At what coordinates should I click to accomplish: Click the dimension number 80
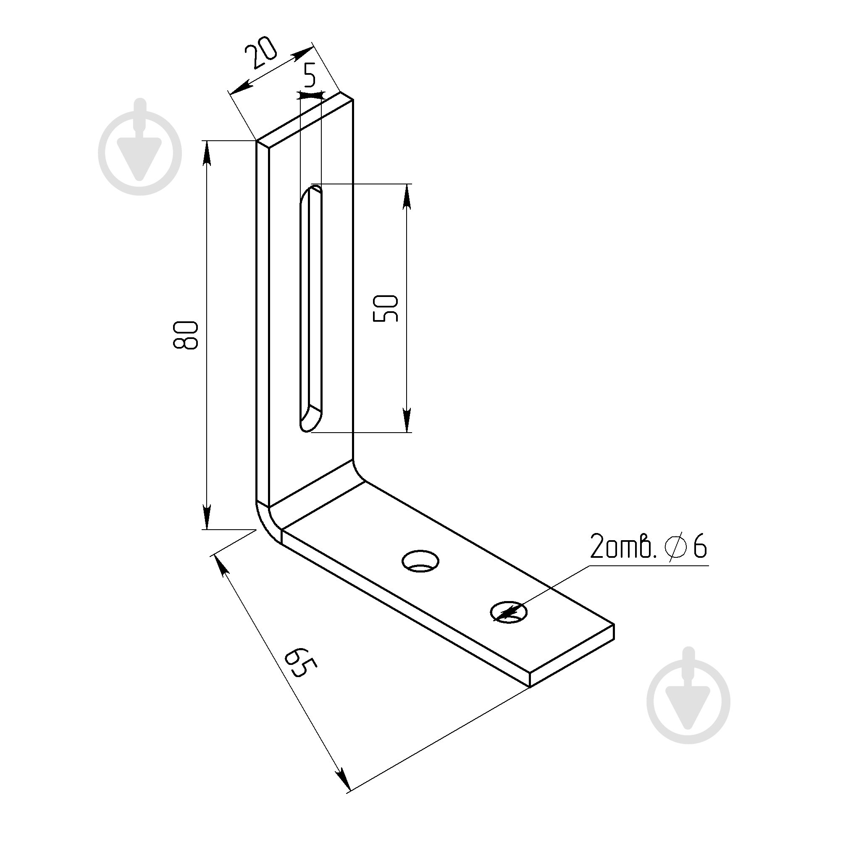[x=185, y=335]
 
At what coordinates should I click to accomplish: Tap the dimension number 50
[x=386, y=308]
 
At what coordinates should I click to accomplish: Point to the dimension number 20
[x=260, y=53]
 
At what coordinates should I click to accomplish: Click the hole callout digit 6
[x=699, y=547]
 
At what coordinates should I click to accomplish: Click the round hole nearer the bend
[x=420, y=561]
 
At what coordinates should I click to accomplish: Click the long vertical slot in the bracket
[x=311, y=308]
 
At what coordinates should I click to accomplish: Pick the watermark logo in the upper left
[x=140, y=147]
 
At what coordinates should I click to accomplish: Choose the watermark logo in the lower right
[x=688, y=695]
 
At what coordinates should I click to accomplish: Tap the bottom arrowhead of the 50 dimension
[x=407, y=420]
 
